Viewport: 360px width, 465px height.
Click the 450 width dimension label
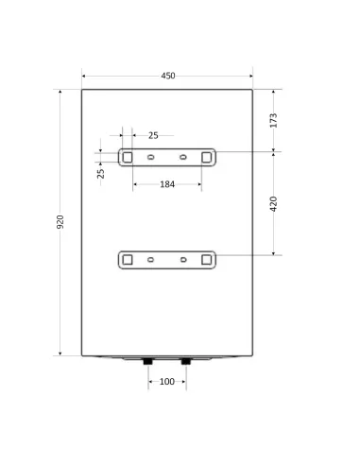168,76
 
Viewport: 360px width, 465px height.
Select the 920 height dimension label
60,222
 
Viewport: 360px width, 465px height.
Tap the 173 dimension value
273,120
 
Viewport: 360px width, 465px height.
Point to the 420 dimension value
273,204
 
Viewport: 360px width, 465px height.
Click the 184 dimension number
167,184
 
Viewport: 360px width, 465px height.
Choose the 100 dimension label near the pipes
167,382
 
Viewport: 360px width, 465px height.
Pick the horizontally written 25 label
153,135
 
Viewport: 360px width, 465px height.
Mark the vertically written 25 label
100,174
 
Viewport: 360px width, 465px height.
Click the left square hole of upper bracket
128,157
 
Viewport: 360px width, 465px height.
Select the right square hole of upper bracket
207,157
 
